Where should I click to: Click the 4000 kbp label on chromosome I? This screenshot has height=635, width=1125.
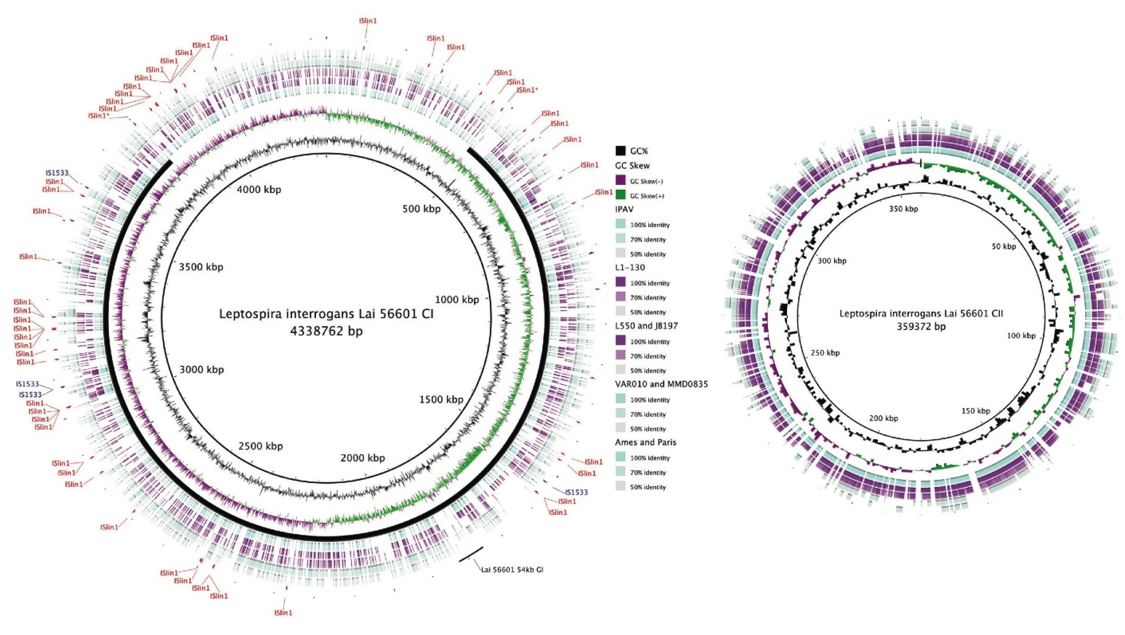pyautogui.click(x=259, y=190)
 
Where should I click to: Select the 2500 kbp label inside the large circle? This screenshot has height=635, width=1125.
pyautogui.click(x=261, y=446)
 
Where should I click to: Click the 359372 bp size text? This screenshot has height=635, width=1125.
pyautogui.click(x=921, y=326)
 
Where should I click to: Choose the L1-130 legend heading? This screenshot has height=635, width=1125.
pyautogui.click(x=630, y=267)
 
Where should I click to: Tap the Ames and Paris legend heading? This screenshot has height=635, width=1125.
pyautogui.click(x=645, y=442)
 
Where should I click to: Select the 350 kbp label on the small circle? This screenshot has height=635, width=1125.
pyautogui.click(x=903, y=209)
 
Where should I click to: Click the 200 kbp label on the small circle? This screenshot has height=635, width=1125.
pyautogui.click(x=884, y=418)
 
